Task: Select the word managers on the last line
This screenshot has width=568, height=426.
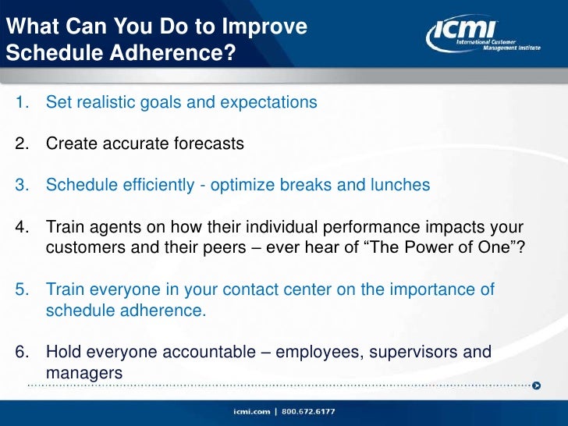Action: point(84,373)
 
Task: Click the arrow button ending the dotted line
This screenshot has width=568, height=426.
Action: point(536,385)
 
